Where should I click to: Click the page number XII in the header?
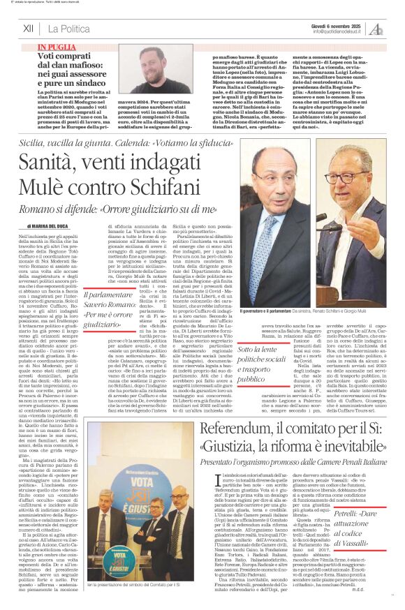click(28, 29)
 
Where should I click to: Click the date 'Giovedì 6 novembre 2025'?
click(339, 24)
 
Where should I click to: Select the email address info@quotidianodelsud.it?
click(339, 31)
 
